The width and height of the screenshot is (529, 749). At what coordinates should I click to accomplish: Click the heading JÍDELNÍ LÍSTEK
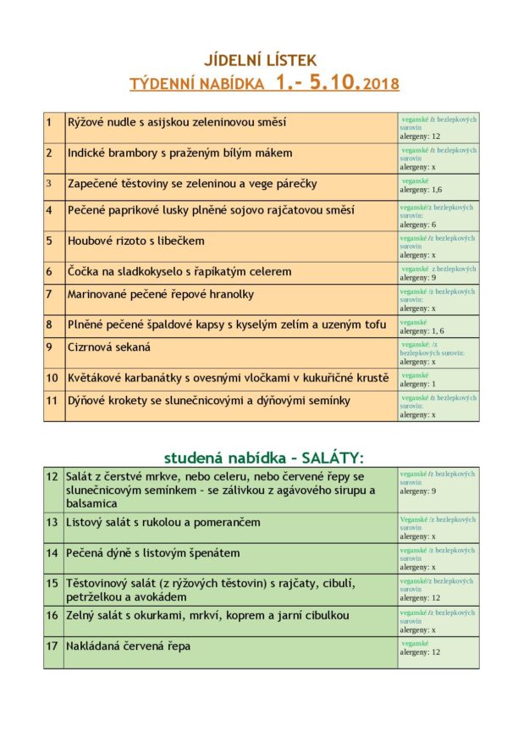click(x=261, y=60)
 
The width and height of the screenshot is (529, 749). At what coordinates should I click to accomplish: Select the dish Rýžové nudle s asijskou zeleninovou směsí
click(x=177, y=123)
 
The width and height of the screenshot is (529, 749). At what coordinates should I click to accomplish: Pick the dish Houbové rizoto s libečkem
click(x=136, y=241)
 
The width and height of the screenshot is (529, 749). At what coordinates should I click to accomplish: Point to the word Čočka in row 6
click(x=83, y=272)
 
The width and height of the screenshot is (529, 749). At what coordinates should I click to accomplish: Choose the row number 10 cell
click(x=52, y=378)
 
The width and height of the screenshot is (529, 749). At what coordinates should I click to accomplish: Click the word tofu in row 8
click(x=375, y=325)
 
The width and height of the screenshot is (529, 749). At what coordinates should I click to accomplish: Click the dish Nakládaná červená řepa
click(x=129, y=646)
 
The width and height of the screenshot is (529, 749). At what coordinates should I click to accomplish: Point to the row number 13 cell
click(x=52, y=522)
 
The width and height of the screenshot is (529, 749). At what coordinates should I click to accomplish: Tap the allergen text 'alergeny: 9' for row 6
click(x=418, y=277)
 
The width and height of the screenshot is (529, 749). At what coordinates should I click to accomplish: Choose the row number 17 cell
click(x=52, y=646)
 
